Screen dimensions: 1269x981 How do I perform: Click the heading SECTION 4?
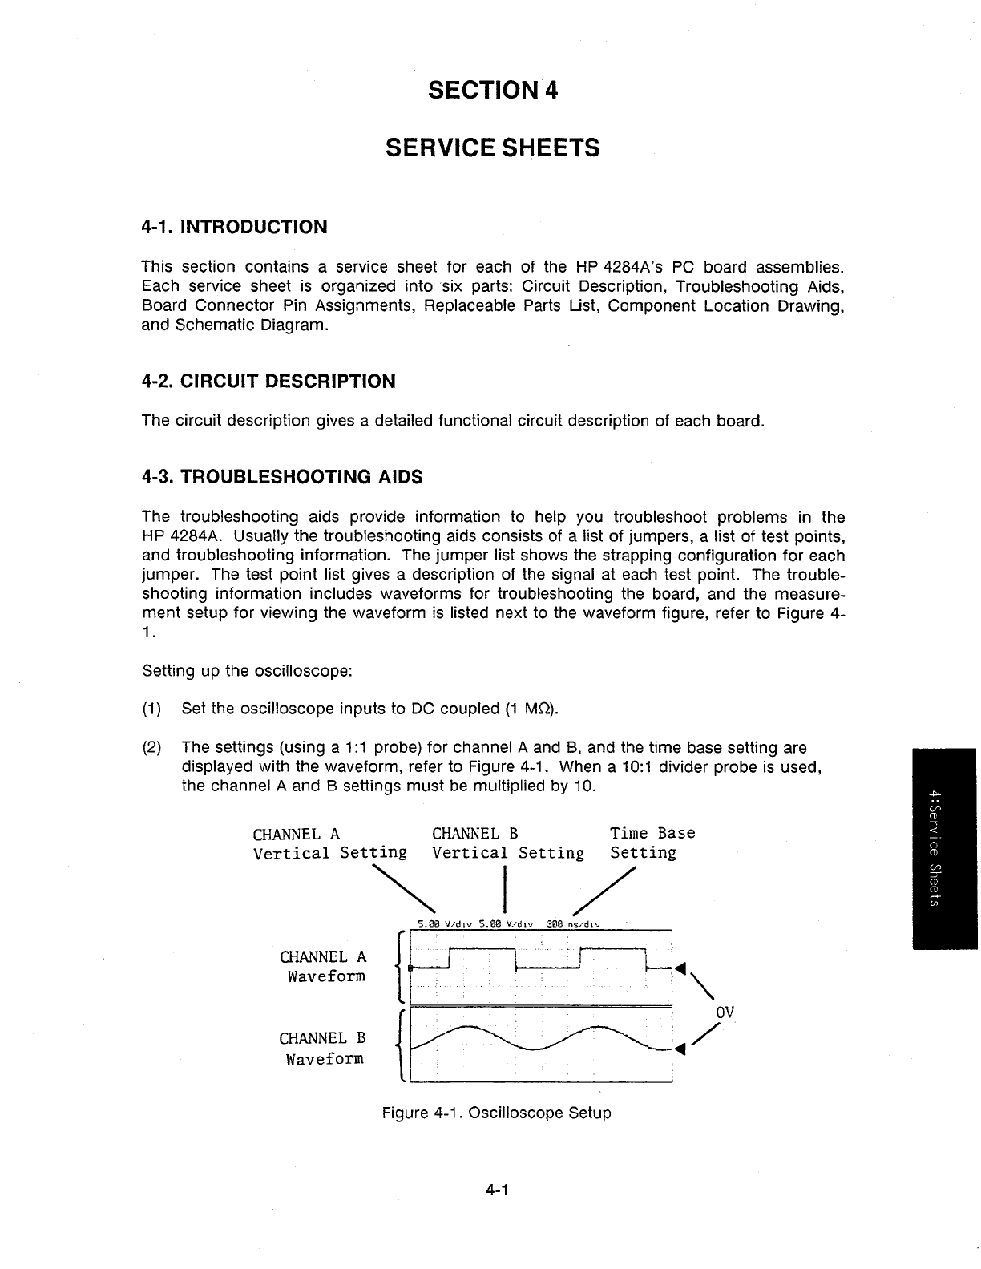point(492,91)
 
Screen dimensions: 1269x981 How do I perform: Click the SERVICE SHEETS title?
point(492,148)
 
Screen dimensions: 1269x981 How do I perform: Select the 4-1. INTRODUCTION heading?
point(234,227)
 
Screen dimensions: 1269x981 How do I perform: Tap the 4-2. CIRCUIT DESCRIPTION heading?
point(268,382)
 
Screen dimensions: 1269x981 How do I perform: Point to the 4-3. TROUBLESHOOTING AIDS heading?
point(281,478)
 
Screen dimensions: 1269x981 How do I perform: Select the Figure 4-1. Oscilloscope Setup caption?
point(496,1113)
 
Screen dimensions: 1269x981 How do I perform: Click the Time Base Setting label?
point(652,843)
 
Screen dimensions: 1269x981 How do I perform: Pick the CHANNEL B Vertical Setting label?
point(507,843)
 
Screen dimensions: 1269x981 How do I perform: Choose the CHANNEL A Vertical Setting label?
point(329,843)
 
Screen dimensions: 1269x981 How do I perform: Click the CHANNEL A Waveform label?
point(323,967)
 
